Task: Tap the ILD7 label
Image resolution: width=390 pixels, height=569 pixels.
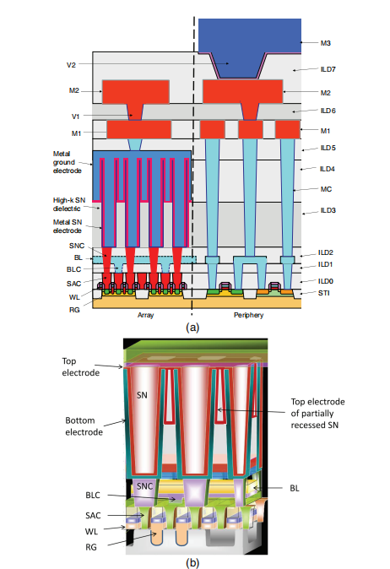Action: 328,69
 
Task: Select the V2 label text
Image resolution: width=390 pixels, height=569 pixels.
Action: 71,65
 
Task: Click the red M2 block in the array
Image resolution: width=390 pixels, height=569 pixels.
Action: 136,92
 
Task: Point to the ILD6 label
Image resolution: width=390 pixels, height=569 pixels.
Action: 328,111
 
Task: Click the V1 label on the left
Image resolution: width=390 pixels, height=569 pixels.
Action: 75,117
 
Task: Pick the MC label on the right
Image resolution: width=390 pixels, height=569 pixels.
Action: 326,189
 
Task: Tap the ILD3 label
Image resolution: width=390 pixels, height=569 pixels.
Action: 328,210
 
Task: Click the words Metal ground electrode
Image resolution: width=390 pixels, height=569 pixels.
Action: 68,162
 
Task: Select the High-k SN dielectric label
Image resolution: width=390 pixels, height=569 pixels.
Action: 69,204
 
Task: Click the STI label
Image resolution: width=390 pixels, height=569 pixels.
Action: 323,293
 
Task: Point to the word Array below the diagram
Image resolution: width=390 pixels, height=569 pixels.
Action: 145,315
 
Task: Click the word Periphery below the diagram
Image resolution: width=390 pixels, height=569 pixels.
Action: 248,315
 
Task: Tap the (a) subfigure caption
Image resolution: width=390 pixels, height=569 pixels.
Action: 192,328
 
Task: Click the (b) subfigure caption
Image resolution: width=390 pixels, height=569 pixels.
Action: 192,563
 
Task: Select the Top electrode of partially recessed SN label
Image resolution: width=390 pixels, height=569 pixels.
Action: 317,414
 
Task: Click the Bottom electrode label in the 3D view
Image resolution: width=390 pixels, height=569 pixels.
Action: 84,426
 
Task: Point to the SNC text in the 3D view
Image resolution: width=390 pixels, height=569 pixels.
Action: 144,486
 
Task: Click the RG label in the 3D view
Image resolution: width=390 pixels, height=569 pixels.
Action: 91,547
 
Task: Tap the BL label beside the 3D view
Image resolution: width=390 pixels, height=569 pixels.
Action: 295,489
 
